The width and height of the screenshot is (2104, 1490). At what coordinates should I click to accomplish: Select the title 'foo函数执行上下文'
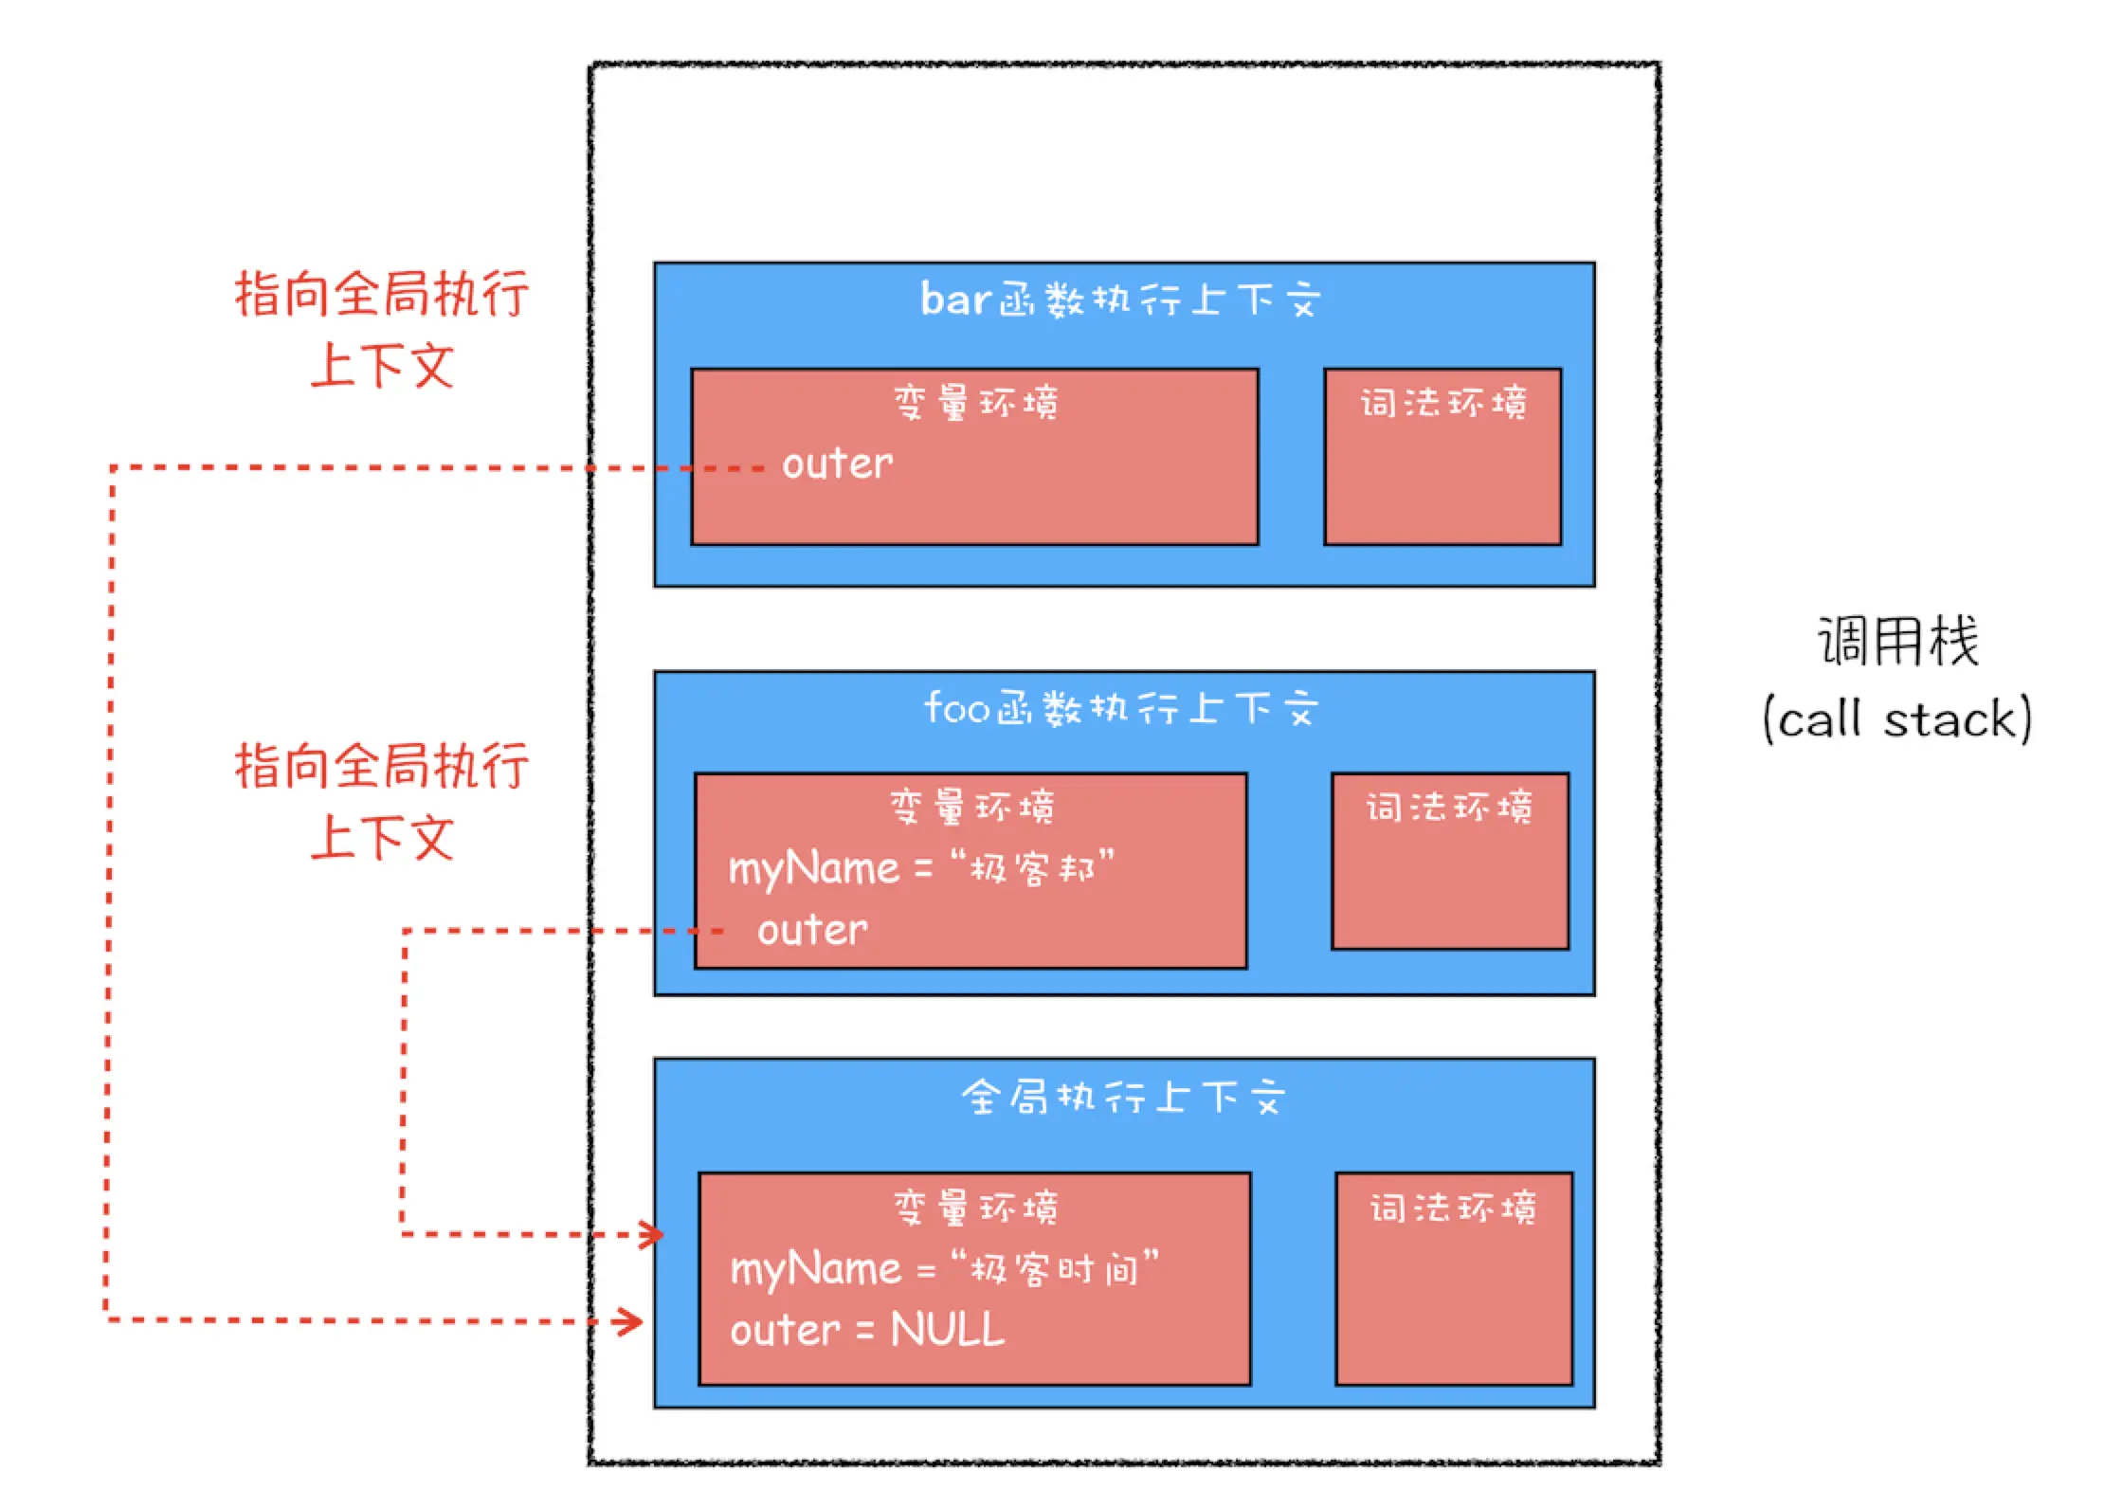tap(1121, 708)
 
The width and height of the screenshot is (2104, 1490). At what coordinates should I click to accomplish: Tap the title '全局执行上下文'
tap(1123, 1097)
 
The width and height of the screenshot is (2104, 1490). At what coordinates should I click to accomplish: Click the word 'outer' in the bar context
tap(837, 464)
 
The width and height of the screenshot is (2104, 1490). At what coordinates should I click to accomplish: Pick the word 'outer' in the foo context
tap(812, 931)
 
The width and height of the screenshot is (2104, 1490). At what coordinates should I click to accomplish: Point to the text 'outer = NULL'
tap(867, 1329)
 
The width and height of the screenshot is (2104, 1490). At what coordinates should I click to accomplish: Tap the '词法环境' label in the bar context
tap(1443, 403)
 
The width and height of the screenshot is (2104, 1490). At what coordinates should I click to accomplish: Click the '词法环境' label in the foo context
tap(1449, 807)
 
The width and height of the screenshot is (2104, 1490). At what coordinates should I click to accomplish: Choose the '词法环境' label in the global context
tap(1453, 1208)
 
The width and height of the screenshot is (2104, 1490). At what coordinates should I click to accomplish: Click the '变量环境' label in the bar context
tap(975, 402)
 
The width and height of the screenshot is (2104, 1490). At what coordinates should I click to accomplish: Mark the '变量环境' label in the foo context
tap(971, 807)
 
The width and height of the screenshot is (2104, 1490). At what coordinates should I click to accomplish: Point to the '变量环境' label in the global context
tap(975, 1208)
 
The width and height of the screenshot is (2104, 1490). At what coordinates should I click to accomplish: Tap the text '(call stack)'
tap(1897, 718)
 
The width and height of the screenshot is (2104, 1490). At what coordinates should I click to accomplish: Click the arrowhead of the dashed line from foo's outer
tap(652, 1235)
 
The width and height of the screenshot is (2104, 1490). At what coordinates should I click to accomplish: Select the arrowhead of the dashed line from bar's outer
tap(630, 1321)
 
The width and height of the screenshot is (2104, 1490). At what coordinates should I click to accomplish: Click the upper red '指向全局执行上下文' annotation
tap(382, 329)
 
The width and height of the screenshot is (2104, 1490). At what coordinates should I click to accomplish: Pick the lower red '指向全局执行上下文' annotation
tap(382, 801)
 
